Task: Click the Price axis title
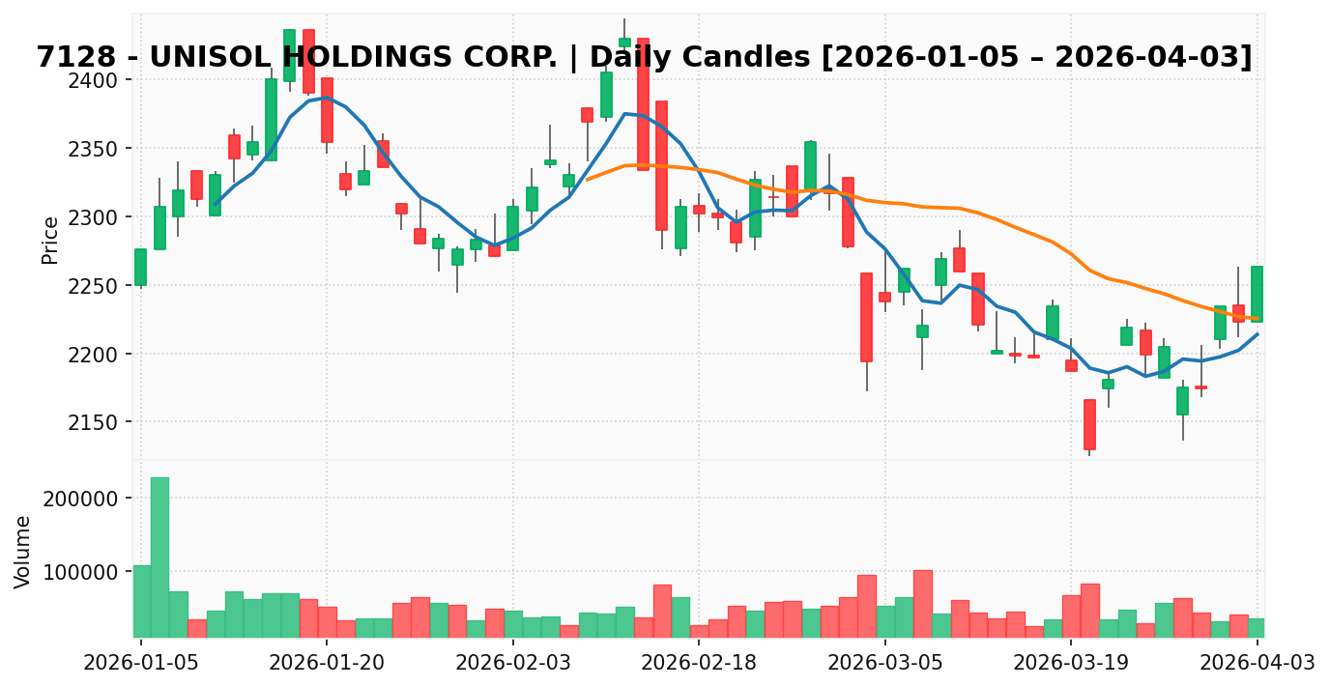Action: (50, 240)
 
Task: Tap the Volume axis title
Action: (23, 551)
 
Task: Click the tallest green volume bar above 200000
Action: (159, 558)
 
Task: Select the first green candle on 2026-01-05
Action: (140, 267)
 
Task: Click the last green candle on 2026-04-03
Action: (1257, 294)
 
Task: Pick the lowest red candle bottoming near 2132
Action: (1089, 424)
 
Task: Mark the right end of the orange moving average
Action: (1258, 319)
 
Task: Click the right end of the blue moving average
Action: (1258, 334)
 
